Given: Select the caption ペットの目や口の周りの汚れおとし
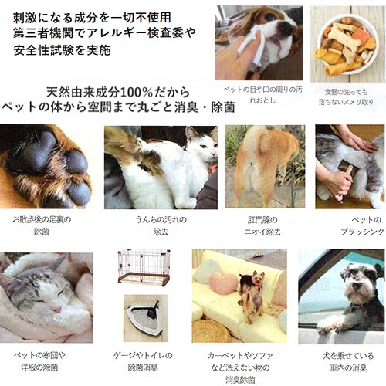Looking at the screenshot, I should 257,96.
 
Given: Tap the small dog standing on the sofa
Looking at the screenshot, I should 252,288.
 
